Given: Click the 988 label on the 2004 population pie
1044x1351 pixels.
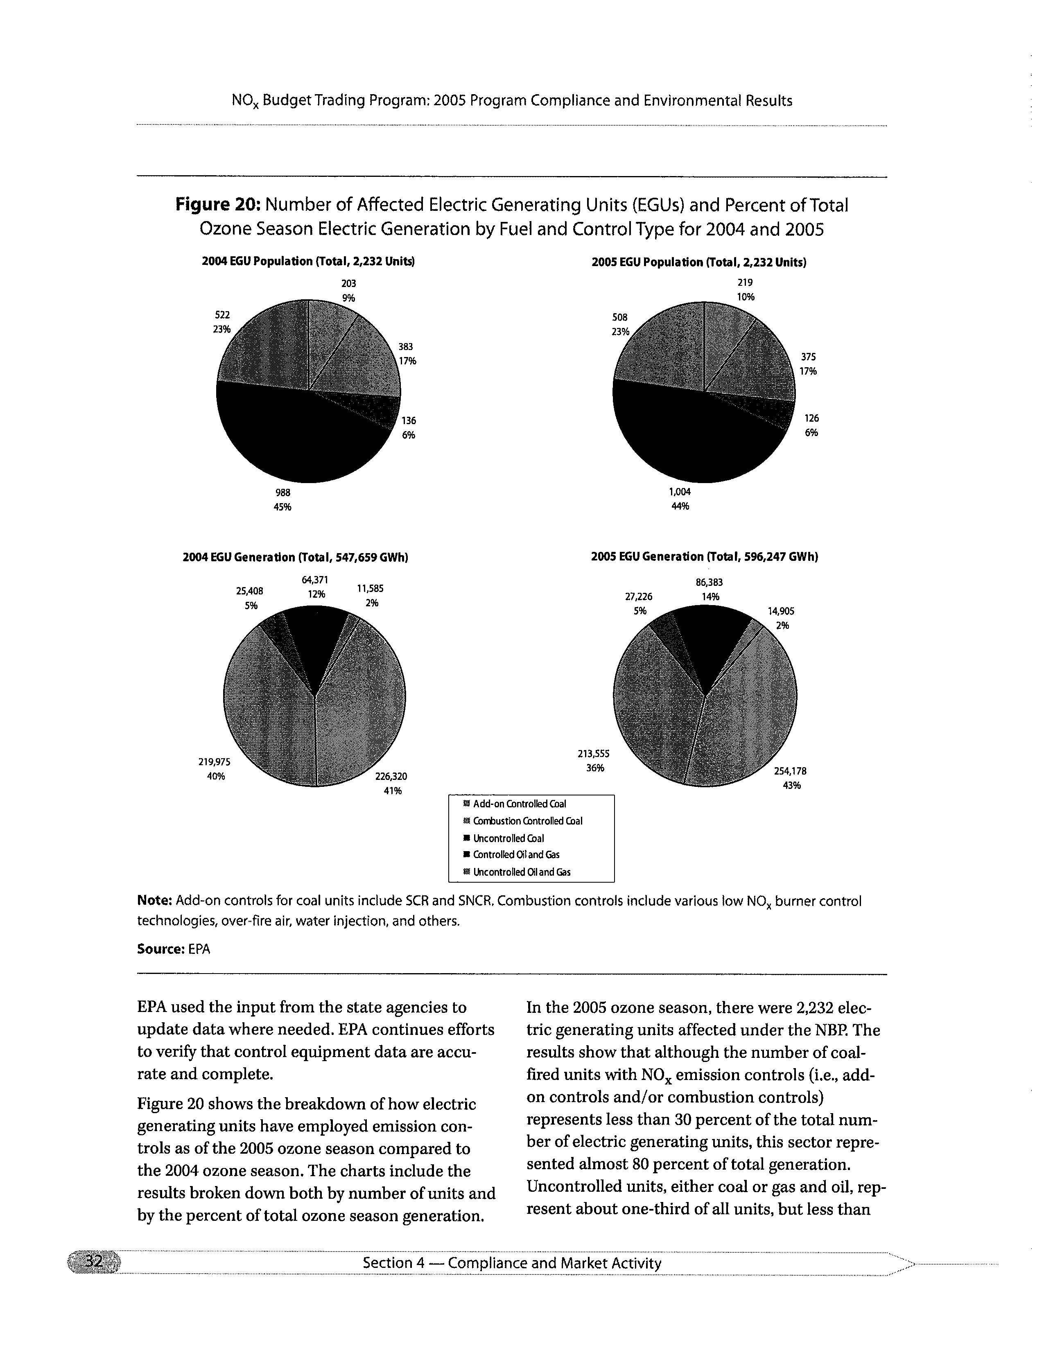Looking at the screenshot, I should pos(282,493).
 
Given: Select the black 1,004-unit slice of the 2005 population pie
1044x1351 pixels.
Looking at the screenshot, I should pos(687,439).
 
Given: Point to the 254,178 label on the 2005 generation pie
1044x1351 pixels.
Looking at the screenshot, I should pos(790,771).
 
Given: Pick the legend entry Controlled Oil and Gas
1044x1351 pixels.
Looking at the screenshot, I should pos(516,855).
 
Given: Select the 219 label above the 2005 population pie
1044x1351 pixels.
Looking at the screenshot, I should pos(745,282).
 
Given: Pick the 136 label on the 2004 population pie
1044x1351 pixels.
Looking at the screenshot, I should pos(408,420).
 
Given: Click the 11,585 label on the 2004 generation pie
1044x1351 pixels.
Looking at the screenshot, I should pos(371,588).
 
